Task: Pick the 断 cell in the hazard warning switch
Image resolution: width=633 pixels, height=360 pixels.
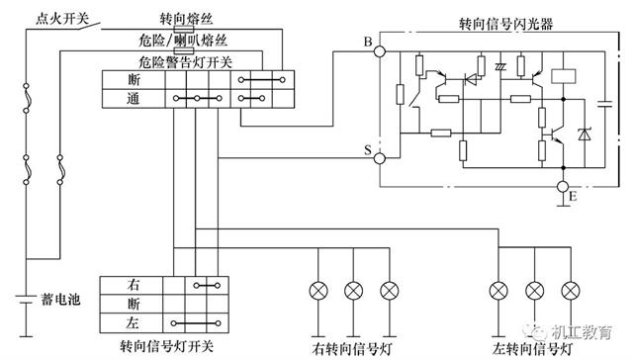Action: (x=133, y=78)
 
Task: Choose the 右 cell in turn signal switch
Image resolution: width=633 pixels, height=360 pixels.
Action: (x=133, y=284)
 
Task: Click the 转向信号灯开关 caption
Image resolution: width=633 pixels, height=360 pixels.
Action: (x=165, y=345)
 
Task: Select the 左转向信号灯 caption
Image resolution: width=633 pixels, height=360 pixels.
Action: (x=535, y=348)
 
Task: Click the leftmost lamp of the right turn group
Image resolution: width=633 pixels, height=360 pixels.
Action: (x=318, y=291)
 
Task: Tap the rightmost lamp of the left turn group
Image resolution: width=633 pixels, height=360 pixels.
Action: (x=570, y=291)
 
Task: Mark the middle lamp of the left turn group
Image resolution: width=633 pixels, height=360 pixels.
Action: (x=535, y=291)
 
